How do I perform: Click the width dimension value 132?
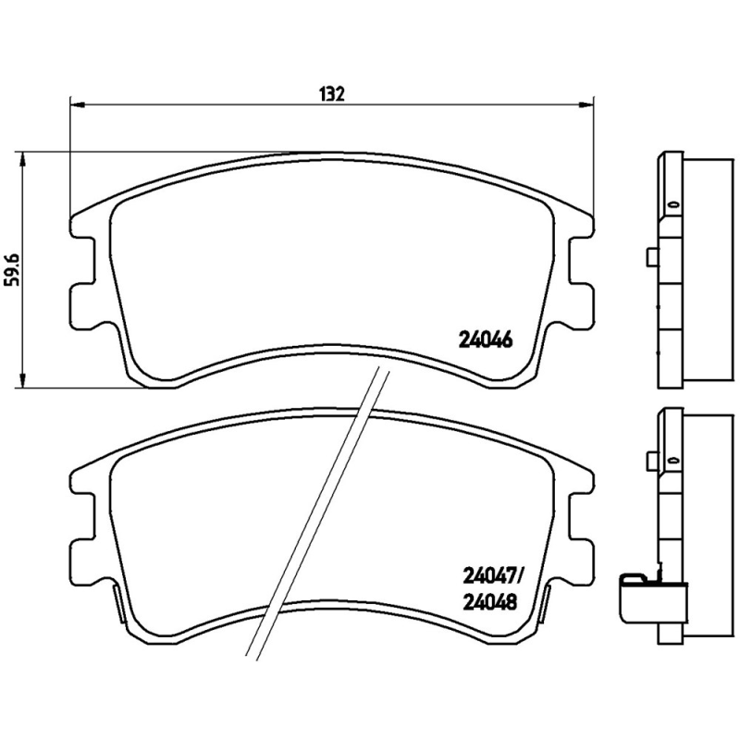tap(331, 93)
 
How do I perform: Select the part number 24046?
tap(486, 339)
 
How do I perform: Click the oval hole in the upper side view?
tap(673, 205)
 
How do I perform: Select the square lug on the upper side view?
tap(651, 258)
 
